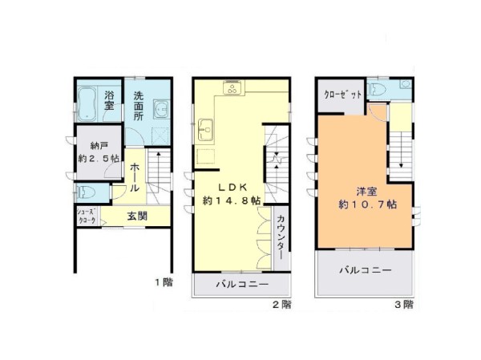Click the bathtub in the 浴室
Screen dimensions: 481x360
click(x=87, y=104)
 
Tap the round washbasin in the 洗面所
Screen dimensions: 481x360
click(x=161, y=109)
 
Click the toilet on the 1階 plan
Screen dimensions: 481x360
click(x=87, y=193)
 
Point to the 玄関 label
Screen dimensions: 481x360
click(x=137, y=216)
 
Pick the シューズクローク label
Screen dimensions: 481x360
click(x=87, y=216)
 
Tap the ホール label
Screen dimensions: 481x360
click(x=135, y=177)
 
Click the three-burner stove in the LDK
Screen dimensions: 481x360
click(x=233, y=89)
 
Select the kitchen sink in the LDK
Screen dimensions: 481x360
click(x=205, y=130)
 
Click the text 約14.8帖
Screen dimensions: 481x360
click(x=232, y=200)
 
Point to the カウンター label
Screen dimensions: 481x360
click(x=281, y=237)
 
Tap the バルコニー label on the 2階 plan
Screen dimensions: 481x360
click(x=242, y=284)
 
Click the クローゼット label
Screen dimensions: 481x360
click(x=342, y=95)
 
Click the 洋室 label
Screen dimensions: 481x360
click(x=367, y=192)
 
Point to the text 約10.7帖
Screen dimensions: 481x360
click(x=367, y=204)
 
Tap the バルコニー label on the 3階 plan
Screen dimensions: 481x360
click(x=366, y=270)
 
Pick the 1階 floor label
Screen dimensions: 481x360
click(x=164, y=282)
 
